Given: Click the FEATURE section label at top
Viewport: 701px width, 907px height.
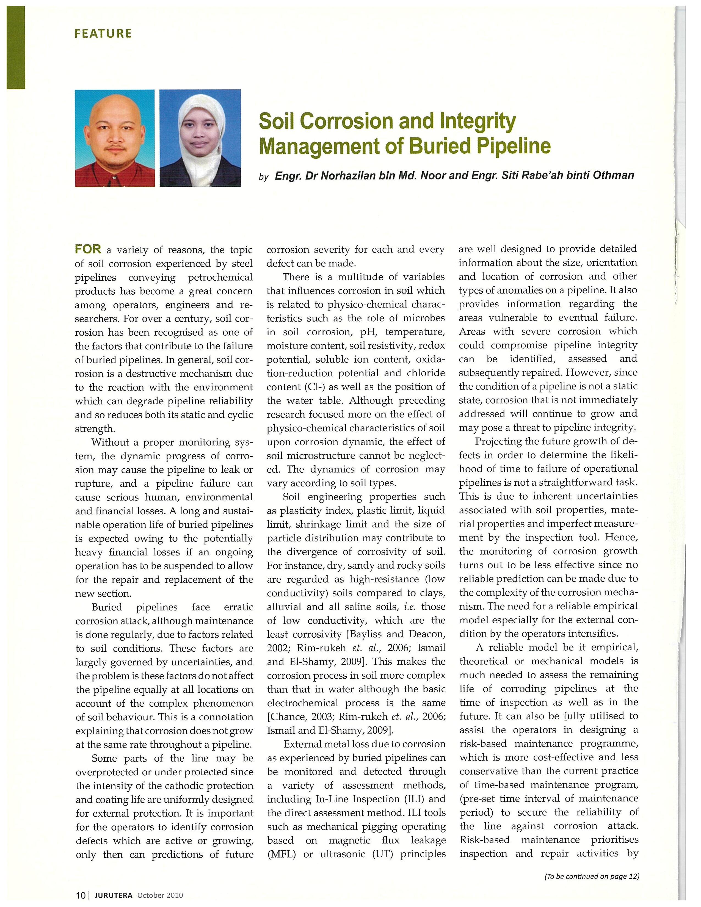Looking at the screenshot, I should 103,34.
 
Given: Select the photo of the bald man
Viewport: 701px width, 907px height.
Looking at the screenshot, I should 115,138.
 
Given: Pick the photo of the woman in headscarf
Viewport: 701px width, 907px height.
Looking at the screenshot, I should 200,138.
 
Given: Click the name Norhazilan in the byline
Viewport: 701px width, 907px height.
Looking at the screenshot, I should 350,176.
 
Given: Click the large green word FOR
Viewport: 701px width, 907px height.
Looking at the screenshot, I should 88,249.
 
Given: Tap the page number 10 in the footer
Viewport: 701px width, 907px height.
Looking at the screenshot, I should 80,895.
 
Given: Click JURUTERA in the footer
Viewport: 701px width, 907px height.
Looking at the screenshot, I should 113,895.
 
